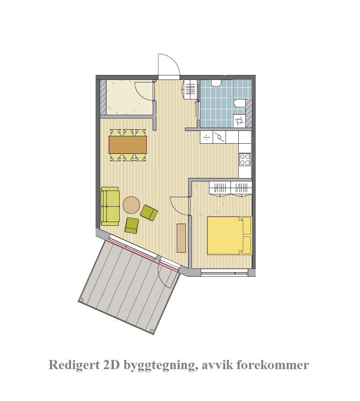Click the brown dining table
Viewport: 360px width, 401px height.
(x=128, y=145)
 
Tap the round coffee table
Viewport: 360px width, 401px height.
(x=132, y=205)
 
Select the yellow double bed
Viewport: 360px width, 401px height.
(x=226, y=235)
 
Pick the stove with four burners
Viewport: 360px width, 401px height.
(x=245, y=159)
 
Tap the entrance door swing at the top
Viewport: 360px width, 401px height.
(x=168, y=66)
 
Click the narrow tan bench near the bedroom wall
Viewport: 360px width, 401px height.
(x=181, y=238)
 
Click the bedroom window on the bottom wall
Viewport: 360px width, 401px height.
(x=224, y=272)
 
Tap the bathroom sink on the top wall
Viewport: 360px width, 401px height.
(x=216, y=83)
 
